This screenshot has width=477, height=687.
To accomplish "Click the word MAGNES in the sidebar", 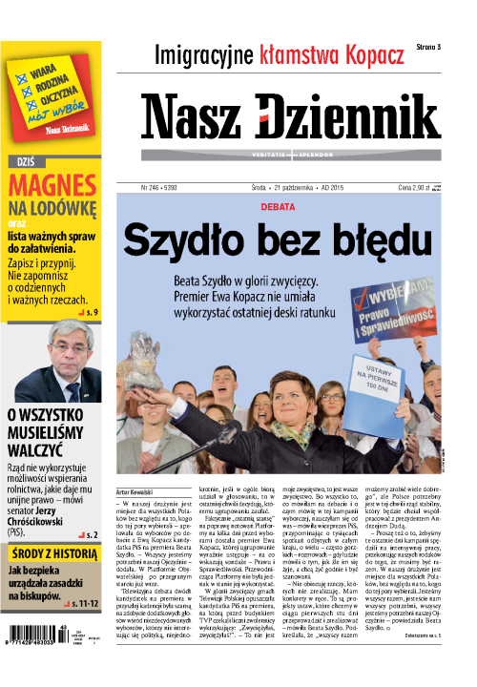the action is [49, 183].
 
